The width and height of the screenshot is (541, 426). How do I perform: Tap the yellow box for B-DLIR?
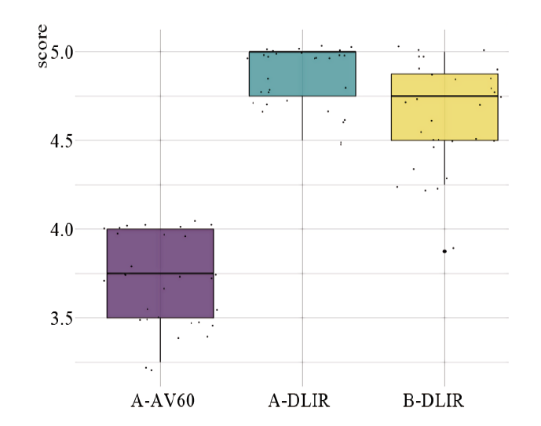click(x=444, y=118)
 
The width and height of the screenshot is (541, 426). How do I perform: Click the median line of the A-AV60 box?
click(x=160, y=274)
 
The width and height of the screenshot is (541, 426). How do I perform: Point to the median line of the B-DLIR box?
click(x=444, y=96)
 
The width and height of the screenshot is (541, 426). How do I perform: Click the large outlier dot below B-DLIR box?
click(x=444, y=251)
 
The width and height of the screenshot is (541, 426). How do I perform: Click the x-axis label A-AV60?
click(x=161, y=402)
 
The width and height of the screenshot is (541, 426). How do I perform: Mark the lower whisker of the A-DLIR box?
click(x=302, y=118)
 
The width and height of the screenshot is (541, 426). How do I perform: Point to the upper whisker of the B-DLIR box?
click(x=444, y=63)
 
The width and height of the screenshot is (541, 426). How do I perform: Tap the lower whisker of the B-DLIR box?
click(x=444, y=161)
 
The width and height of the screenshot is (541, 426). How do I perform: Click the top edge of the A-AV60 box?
click(x=160, y=229)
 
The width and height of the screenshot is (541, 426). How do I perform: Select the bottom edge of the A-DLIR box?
click(x=302, y=96)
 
